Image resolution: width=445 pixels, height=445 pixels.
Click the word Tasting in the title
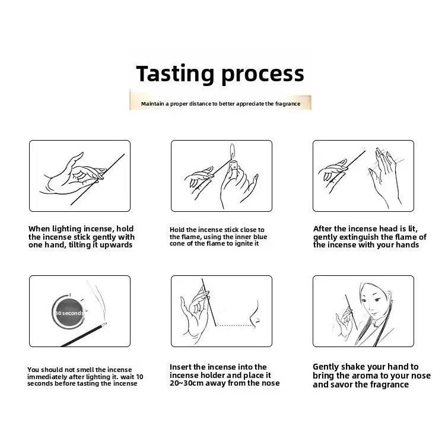tap(175, 74)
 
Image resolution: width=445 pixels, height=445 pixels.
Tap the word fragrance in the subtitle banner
tap(288, 104)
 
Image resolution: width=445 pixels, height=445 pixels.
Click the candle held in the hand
tap(234, 165)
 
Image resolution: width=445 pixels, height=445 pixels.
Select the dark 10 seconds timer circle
tap(69, 313)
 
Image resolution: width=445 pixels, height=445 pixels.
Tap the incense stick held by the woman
tap(351, 312)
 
